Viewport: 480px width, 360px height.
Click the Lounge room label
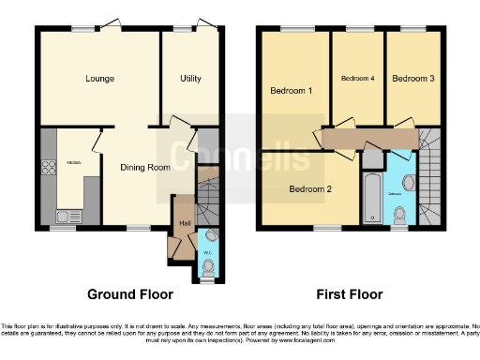pyautogui.click(x=98, y=79)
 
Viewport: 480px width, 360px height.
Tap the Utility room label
pyautogui.click(x=190, y=79)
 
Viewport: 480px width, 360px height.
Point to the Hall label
pyautogui.click(x=185, y=222)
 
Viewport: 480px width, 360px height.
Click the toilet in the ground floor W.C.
pyautogui.click(x=207, y=267)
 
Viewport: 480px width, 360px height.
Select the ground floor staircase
pyautogui.click(x=209, y=194)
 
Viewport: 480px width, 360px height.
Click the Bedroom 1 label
pyautogui.click(x=291, y=91)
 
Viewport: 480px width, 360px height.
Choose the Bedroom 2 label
pyautogui.click(x=310, y=188)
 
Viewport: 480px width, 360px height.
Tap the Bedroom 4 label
pyautogui.click(x=357, y=79)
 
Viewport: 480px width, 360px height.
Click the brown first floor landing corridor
pyautogui.click(x=370, y=140)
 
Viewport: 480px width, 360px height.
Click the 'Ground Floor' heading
pyautogui.click(x=130, y=294)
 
